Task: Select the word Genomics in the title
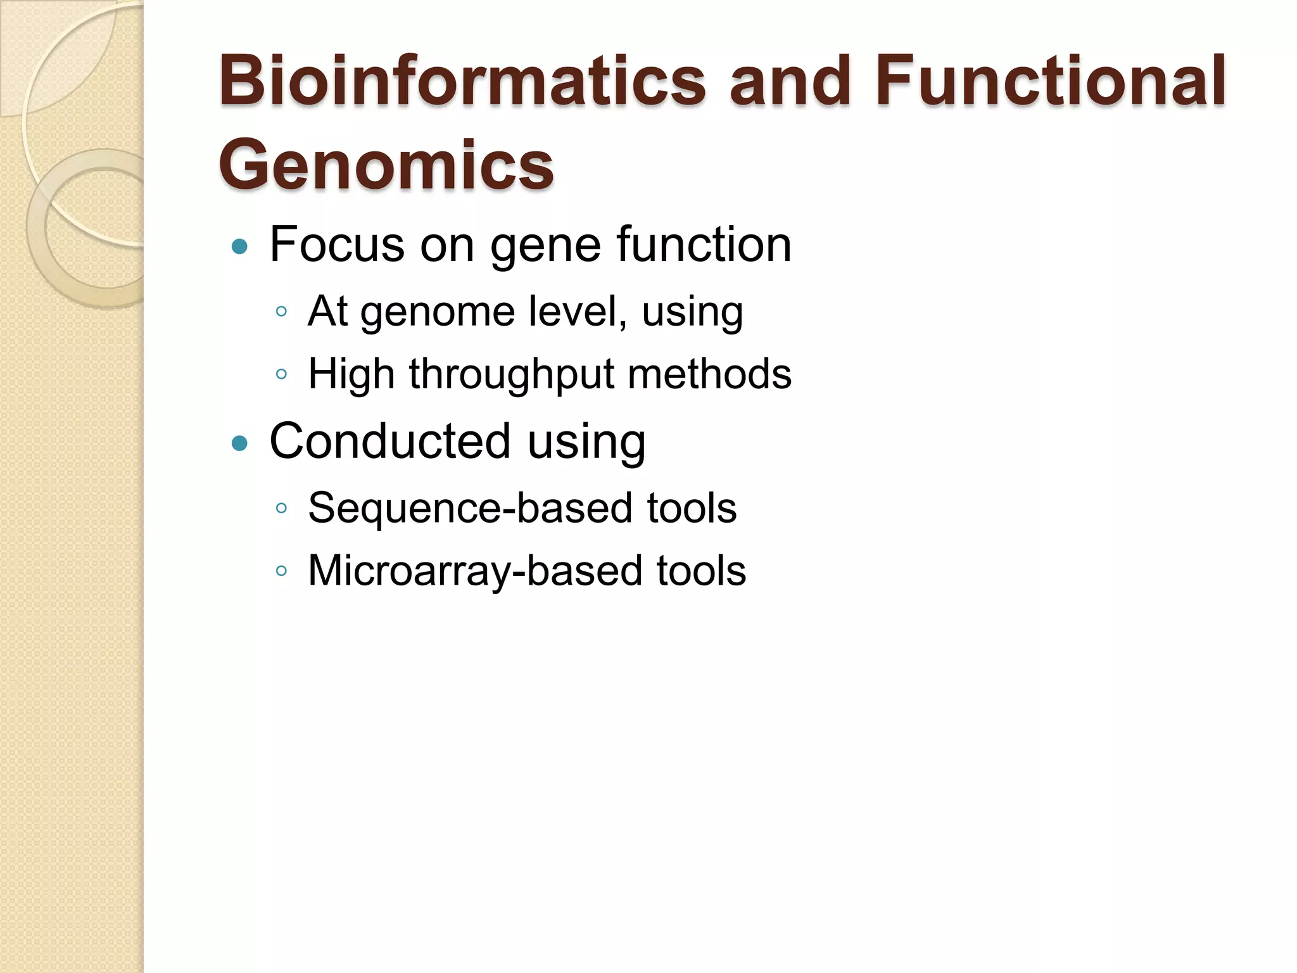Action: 386,165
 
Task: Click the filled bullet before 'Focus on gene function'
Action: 239,246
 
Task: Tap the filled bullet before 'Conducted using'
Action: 239,443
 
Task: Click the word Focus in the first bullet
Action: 337,245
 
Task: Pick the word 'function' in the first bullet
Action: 704,245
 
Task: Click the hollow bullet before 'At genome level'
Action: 282,312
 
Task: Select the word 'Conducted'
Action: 390,441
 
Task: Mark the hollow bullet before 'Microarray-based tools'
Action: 282,571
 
